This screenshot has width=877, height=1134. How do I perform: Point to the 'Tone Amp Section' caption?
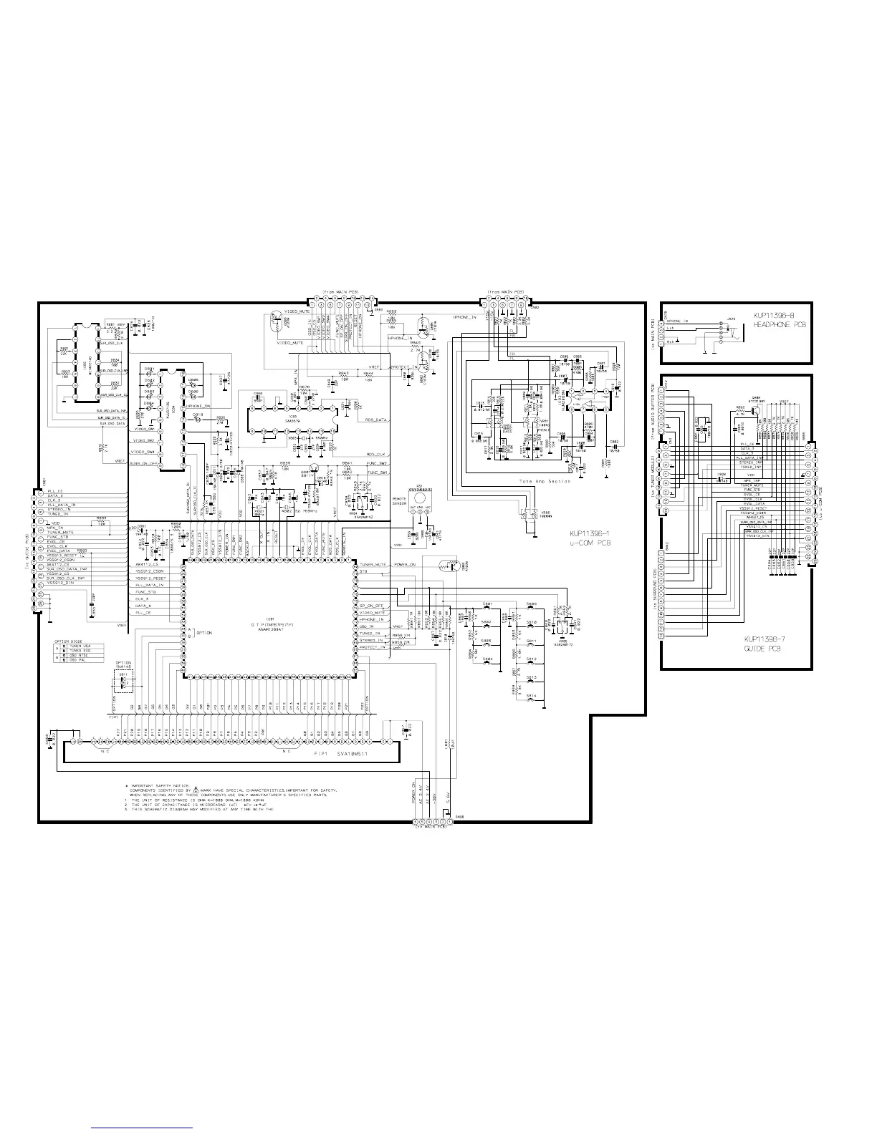[545, 481]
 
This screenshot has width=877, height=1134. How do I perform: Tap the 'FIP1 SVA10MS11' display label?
[341, 755]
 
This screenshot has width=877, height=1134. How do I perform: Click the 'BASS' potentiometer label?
[507, 432]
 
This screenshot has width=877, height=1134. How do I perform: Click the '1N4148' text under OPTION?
[124, 667]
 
